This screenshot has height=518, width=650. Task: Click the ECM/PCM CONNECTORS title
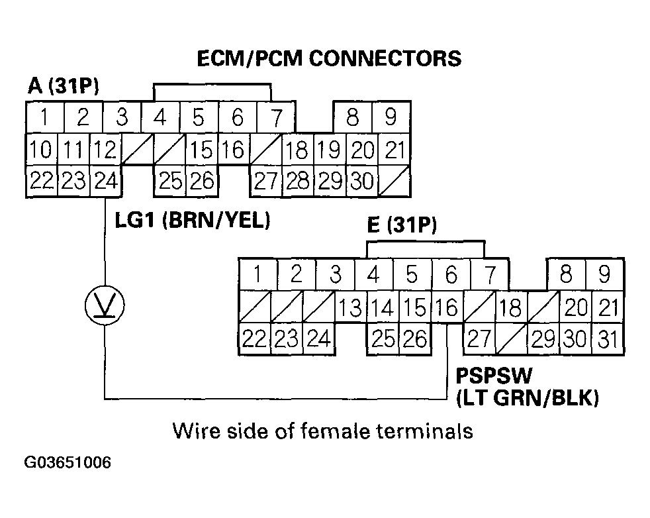[x=329, y=59]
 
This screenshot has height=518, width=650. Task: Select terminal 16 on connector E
[x=447, y=307]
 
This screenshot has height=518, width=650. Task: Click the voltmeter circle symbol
[x=105, y=305]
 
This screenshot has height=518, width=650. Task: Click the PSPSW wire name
[x=494, y=378]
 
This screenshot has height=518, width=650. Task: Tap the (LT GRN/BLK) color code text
[x=528, y=398]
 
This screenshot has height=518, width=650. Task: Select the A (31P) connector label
[x=64, y=86]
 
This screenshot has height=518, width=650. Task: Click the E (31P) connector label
[x=402, y=227]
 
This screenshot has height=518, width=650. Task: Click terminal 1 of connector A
[x=44, y=119]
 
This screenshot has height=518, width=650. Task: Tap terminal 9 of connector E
[x=604, y=274]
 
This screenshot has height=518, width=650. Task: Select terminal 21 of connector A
[x=395, y=150]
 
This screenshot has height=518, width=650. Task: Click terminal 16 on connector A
[x=233, y=150]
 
